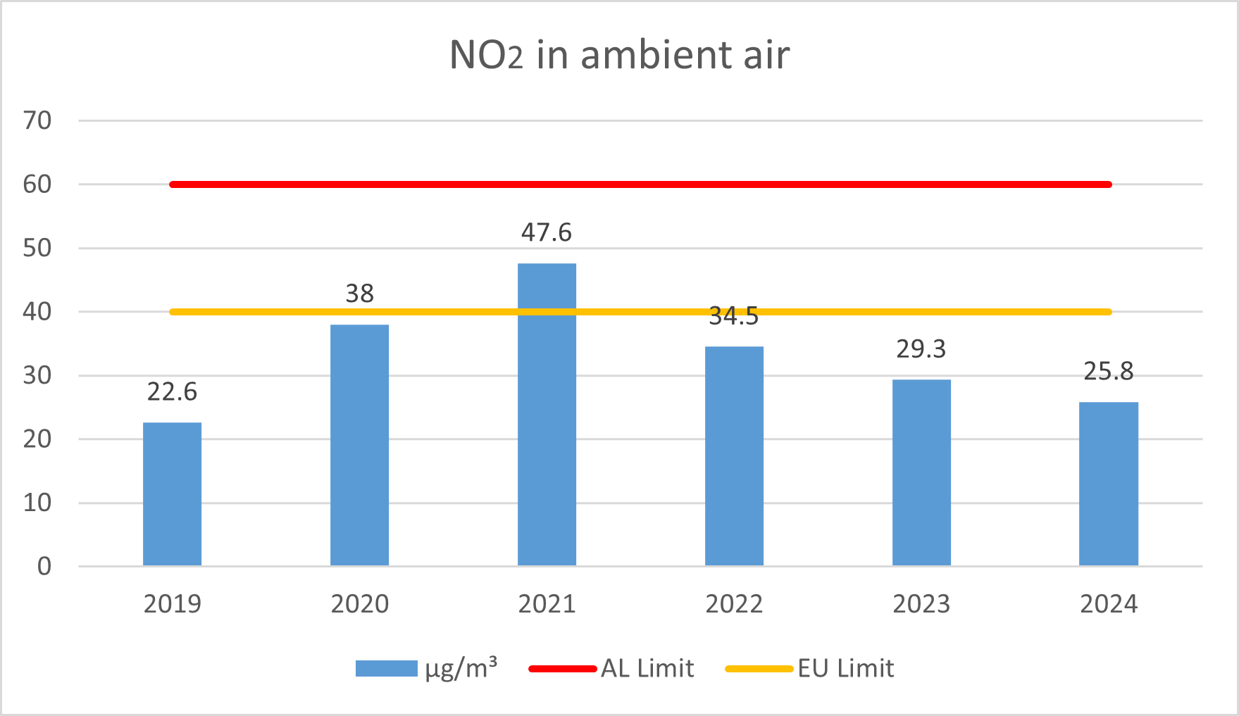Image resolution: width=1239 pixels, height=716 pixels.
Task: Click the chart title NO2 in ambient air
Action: coord(619,55)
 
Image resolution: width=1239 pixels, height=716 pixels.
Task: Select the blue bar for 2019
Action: coord(172,494)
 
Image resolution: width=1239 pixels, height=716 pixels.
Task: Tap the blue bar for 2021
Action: coord(547,415)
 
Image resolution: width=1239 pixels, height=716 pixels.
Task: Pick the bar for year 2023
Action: coord(921,472)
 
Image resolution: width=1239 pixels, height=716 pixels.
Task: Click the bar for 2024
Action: coord(1108,484)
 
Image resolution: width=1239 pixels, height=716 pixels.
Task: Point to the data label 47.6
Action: coord(547,232)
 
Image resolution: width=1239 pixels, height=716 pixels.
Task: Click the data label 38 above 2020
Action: coord(359,294)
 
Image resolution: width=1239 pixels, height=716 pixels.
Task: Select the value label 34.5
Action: coord(734,317)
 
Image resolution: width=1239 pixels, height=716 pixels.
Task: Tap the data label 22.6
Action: coord(172,391)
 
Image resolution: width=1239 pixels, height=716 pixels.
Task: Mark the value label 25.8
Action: coord(1108,371)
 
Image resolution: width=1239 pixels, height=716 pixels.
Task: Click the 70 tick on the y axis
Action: coord(37,121)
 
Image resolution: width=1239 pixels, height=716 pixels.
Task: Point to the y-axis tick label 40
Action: coord(37,312)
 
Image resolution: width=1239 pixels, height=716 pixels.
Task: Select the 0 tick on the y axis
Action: coord(44,566)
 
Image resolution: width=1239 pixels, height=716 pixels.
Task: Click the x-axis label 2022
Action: coord(734,604)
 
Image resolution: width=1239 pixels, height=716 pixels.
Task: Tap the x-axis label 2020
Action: coord(359,604)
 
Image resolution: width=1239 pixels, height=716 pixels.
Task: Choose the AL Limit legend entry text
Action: coord(647,668)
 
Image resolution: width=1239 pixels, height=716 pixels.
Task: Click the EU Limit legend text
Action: coord(845,668)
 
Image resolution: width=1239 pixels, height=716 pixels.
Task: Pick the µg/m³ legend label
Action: coord(461,668)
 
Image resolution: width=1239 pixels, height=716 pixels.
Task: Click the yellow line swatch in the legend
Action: coord(759,669)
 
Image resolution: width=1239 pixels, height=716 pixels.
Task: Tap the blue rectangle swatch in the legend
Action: coord(386,669)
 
